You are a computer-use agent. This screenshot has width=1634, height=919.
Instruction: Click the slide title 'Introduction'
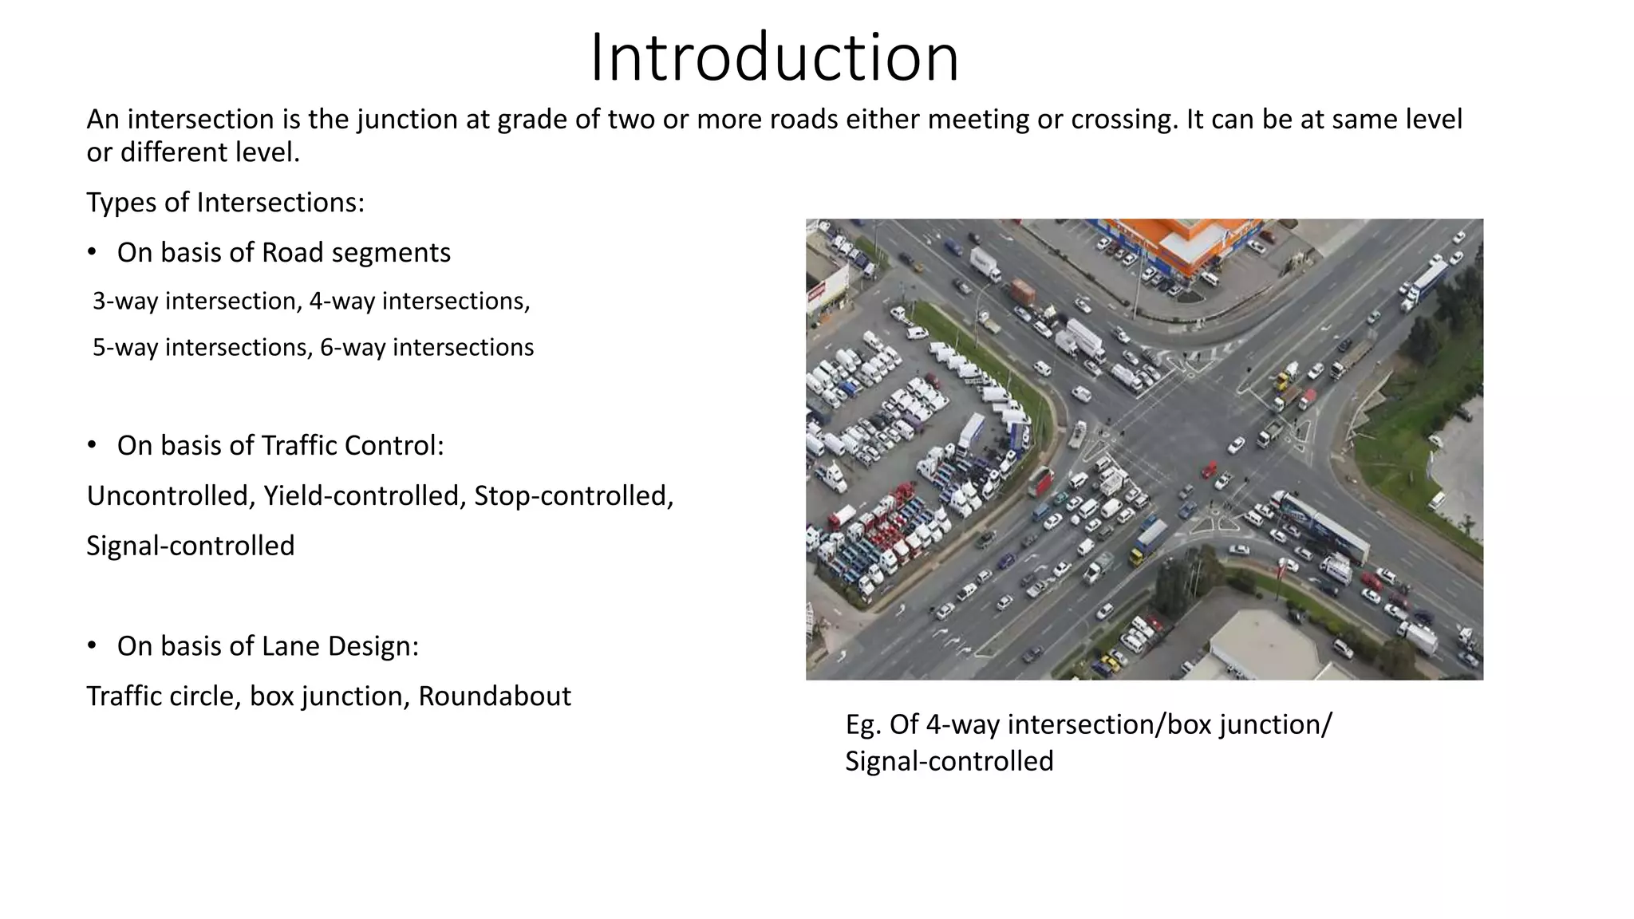774,57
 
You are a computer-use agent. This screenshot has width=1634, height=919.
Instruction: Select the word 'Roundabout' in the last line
494,696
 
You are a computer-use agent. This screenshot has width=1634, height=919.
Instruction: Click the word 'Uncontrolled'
170,496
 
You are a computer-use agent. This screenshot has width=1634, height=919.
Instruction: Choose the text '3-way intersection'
194,302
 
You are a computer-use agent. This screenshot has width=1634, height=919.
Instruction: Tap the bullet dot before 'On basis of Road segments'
92,252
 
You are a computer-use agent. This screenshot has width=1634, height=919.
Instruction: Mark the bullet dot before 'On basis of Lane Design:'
92,645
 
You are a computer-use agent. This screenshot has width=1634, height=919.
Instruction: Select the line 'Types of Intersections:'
225,203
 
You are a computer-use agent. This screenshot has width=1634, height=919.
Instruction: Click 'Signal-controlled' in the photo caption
949,761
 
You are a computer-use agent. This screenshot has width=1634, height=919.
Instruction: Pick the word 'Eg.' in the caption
863,724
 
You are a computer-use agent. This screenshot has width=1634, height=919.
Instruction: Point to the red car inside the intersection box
1210,469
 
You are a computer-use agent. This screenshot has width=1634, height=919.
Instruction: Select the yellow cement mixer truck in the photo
1287,374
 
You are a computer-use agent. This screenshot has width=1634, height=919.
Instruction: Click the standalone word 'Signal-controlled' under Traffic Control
190,546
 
